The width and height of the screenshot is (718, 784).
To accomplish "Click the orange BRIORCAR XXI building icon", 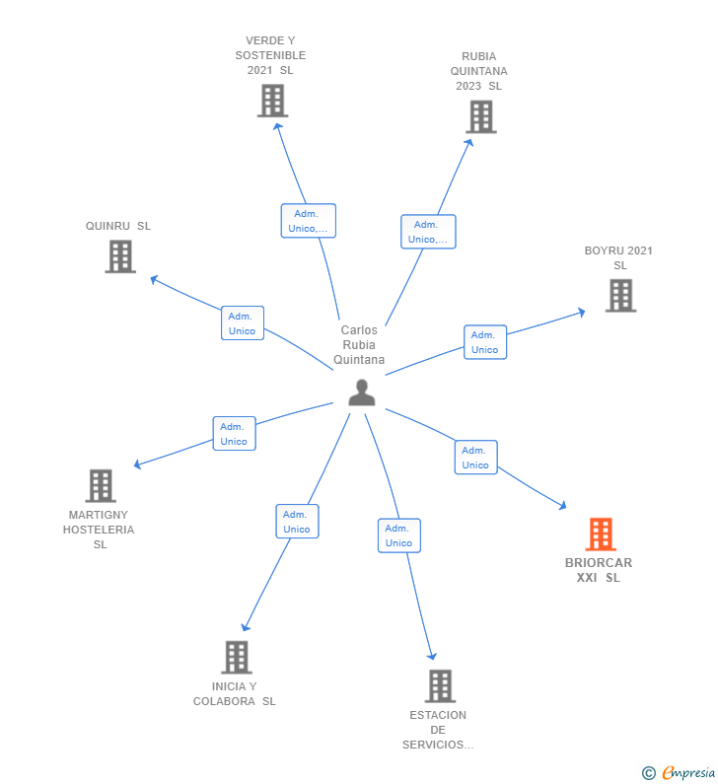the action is pyautogui.click(x=601, y=535).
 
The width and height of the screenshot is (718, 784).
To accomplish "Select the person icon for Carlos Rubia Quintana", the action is pyautogui.click(x=362, y=392).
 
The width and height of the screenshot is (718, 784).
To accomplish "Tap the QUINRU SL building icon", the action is pyautogui.click(x=120, y=256).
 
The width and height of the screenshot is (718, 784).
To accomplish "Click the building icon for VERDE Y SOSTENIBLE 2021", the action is pyautogui.click(x=272, y=101).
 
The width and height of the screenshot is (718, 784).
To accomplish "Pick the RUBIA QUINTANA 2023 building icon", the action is pyautogui.click(x=480, y=116).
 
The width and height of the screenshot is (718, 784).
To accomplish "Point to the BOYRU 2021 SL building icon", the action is pyautogui.click(x=620, y=295).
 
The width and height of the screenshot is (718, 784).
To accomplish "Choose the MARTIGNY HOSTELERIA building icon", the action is pyautogui.click(x=101, y=485).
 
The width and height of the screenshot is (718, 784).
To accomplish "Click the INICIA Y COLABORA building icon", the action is pyautogui.click(x=237, y=657).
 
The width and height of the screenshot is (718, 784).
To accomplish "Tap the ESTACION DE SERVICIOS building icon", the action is pyautogui.click(x=440, y=685).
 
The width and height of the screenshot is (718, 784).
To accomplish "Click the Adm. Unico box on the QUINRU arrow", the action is pyautogui.click(x=243, y=323).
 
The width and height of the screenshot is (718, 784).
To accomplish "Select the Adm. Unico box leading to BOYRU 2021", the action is pyautogui.click(x=485, y=342).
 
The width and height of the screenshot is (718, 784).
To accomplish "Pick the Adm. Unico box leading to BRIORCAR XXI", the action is pyautogui.click(x=475, y=458).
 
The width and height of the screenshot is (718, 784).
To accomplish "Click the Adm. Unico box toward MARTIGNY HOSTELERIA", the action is pyautogui.click(x=234, y=434).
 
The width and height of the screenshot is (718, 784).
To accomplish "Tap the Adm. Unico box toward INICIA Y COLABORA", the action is pyautogui.click(x=297, y=522).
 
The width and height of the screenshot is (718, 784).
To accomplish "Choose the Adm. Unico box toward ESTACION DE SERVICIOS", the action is pyautogui.click(x=399, y=535).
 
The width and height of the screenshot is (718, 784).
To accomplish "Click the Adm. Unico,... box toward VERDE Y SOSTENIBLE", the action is pyautogui.click(x=309, y=221).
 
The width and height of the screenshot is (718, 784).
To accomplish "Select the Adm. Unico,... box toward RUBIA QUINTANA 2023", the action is pyautogui.click(x=428, y=232).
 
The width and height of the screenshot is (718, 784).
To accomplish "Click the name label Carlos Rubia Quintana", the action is pyautogui.click(x=359, y=345).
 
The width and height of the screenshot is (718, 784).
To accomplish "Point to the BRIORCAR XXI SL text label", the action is pyautogui.click(x=599, y=570).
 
